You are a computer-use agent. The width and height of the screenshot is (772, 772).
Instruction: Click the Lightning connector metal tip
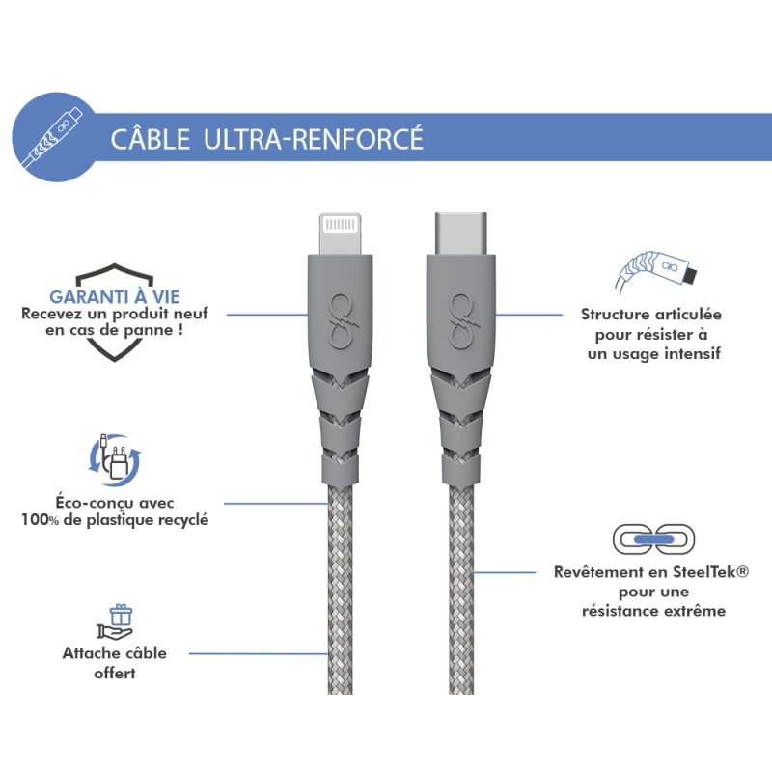[x=340, y=234]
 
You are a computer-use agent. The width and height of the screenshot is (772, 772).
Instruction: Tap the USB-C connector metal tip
[x=461, y=234]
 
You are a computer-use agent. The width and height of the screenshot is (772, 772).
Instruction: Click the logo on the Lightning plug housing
[x=341, y=318]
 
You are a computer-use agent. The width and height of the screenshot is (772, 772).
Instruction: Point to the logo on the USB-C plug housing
[x=462, y=318]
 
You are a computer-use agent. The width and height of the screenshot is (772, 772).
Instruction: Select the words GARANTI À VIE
[x=115, y=297]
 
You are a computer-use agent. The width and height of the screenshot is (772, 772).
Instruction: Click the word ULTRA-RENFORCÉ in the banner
[x=313, y=138]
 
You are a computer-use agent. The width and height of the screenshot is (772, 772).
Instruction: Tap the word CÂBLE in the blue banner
[x=151, y=139]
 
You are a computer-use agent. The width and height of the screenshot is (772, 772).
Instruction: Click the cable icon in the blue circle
[x=54, y=137]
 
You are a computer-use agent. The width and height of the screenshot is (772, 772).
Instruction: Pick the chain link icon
[x=653, y=539]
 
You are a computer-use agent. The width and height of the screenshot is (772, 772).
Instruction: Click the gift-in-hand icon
[x=115, y=622]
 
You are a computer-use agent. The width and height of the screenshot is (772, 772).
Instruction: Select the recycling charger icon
[x=115, y=459]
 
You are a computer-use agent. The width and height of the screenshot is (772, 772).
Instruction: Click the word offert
[x=114, y=673]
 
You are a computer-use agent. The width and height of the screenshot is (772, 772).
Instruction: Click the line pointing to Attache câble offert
[x=259, y=654]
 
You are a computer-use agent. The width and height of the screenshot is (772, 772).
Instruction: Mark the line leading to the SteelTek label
[x=504, y=572]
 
